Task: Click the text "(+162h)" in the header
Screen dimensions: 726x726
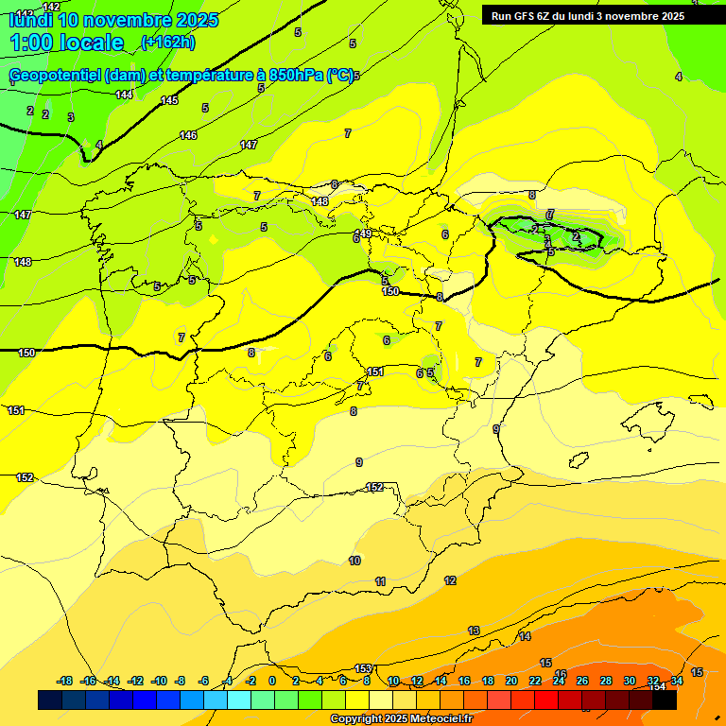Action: tap(167, 42)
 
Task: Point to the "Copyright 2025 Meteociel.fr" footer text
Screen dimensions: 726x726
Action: tap(401, 719)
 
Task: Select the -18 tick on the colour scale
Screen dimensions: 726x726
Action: tap(64, 681)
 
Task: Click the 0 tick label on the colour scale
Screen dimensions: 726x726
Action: tap(272, 681)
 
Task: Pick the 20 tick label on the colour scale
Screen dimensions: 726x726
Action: tap(510, 681)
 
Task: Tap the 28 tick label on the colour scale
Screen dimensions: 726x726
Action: tap(606, 681)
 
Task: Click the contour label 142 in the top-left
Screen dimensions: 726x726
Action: tap(51, 7)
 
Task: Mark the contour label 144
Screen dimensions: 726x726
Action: tap(124, 95)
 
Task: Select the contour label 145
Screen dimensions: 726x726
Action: tap(169, 100)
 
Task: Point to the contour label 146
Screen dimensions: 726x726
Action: tap(189, 135)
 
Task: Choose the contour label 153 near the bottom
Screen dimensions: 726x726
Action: tap(363, 668)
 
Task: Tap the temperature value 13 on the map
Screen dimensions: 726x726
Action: tap(474, 631)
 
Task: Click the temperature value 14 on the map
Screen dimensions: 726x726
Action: tap(525, 636)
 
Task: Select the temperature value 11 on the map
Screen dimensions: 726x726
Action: tap(380, 581)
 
